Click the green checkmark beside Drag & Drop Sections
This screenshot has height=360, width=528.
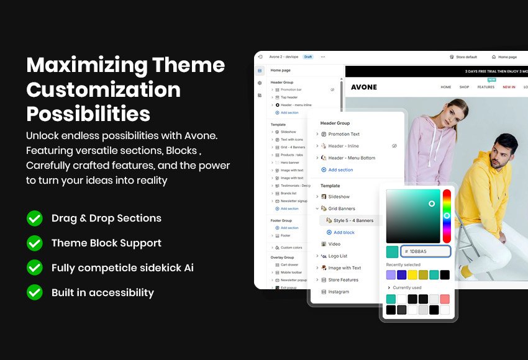point(35,218)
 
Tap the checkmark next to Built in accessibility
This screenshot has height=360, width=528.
point(35,292)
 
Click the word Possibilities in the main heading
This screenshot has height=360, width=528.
point(88,114)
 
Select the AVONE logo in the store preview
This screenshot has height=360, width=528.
point(364,87)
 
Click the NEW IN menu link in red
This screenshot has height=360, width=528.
point(509,87)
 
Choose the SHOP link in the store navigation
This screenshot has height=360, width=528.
point(464,87)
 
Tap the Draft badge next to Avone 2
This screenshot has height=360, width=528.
point(308,56)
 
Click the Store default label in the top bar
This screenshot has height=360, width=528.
point(466,57)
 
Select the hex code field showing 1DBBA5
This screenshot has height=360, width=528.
point(426,251)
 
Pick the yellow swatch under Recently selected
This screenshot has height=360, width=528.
point(412,274)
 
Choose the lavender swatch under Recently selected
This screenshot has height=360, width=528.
point(391,274)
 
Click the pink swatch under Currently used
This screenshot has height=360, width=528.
point(445,299)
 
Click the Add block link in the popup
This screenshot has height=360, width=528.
point(344,232)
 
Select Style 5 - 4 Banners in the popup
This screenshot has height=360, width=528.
point(353,220)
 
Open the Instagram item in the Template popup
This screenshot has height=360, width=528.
point(339,292)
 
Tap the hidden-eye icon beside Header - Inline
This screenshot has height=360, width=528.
point(394,146)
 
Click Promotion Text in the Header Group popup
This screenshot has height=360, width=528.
point(344,134)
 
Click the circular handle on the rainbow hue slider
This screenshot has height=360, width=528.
point(447,215)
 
